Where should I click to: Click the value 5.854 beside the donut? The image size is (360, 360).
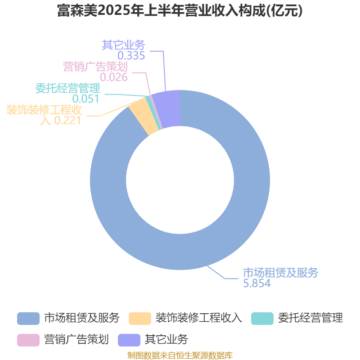(257, 283)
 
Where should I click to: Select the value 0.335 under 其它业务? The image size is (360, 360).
(131, 55)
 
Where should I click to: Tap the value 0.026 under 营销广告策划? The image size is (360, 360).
(114, 77)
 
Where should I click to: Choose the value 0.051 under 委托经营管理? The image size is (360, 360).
(85, 99)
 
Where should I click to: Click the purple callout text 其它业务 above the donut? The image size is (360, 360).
(123, 45)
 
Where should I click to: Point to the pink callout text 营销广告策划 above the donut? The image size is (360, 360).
(95, 67)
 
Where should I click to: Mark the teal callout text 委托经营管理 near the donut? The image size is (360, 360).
(68, 88)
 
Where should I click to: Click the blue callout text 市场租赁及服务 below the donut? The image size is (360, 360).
(280, 273)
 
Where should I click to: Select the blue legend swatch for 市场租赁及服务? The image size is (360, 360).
(28, 319)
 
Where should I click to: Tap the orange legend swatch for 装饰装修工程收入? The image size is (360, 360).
(140, 319)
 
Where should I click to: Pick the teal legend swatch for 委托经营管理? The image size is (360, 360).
(262, 319)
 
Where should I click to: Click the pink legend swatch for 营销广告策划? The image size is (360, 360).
(28, 340)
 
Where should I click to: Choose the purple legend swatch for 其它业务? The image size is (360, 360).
(129, 340)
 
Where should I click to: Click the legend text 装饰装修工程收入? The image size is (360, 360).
(199, 318)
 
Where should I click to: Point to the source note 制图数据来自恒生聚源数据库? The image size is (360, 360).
(180, 355)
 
